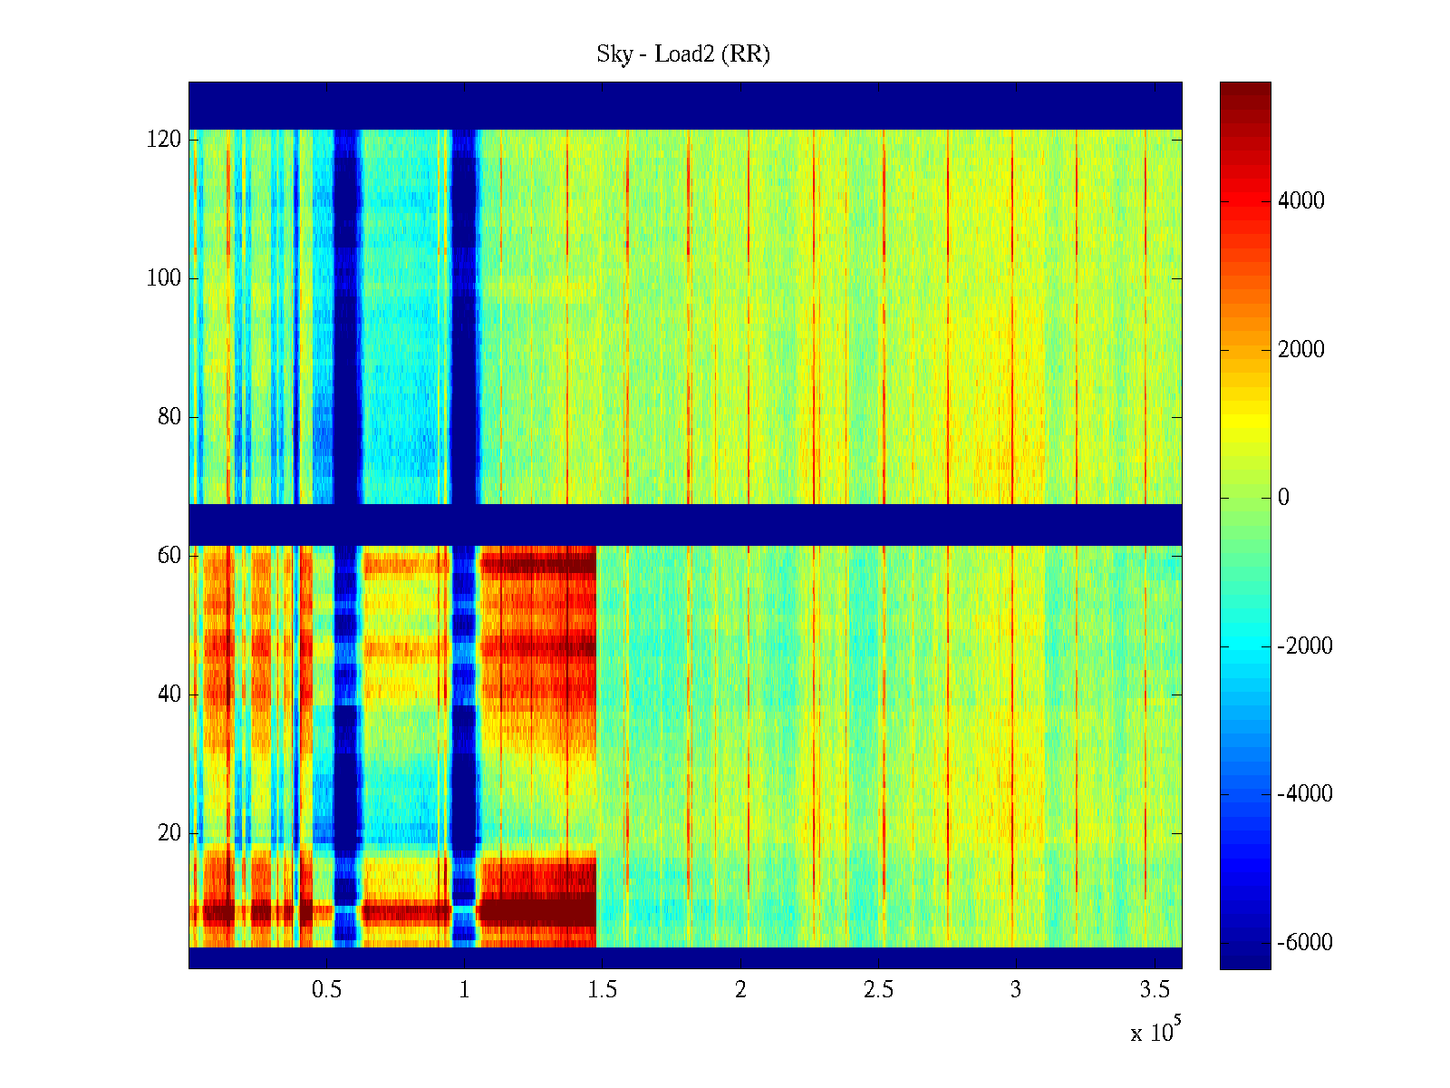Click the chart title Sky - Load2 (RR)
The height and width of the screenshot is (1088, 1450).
[x=683, y=54]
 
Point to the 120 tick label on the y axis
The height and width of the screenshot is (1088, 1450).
[x=164, y=140]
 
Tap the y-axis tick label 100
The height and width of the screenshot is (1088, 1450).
[x=164, y=278]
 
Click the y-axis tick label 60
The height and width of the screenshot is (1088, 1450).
[x=169, y=556]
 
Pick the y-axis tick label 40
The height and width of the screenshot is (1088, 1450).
[x=169, y=695]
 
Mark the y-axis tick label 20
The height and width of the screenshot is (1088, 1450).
[x=169, y=833]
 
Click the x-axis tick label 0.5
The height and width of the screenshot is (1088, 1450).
[x=327, y=990]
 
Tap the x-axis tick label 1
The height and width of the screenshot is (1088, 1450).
[x=465, y=990]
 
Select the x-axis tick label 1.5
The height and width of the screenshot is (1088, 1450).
[x=603, y=990]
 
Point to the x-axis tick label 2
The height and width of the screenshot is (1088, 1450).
[x=740, y=990]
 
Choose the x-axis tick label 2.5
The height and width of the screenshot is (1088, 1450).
[x=878, y=990]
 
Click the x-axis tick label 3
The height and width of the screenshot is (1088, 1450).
[x=1016, y=990]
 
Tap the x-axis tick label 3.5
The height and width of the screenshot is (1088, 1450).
[x=1154, y=990]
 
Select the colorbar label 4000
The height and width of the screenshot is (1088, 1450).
[x=1301, y=201]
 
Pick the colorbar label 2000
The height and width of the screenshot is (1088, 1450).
[x=1301, y=350]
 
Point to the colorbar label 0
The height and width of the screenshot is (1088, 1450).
[x=1283, y=498]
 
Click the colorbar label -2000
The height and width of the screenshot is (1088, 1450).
[x=1305, y=646]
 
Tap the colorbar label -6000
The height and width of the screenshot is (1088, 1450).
[x=1305, y=943]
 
